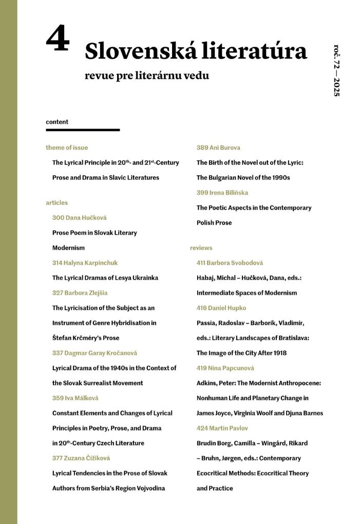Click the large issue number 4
57,40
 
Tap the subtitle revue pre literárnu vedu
147,77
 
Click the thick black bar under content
83,130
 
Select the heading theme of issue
67,147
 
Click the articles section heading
56,202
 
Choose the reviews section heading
201,248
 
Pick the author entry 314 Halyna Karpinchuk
85,263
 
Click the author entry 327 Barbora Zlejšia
80,293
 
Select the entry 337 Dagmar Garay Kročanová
94,353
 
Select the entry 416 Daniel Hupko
221,308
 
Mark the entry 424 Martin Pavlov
222,428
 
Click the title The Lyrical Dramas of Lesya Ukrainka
105,278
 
